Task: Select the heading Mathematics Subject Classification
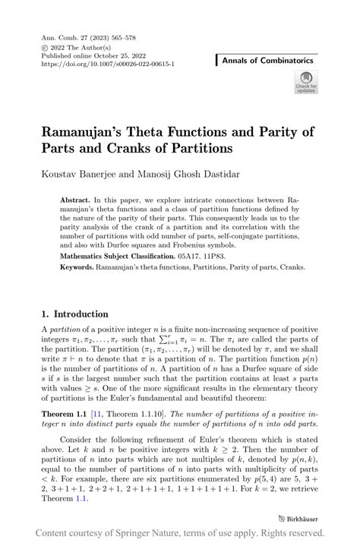tap(118, 257)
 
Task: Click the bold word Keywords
tap(79, 268)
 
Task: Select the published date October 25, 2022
tap(124, 55)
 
